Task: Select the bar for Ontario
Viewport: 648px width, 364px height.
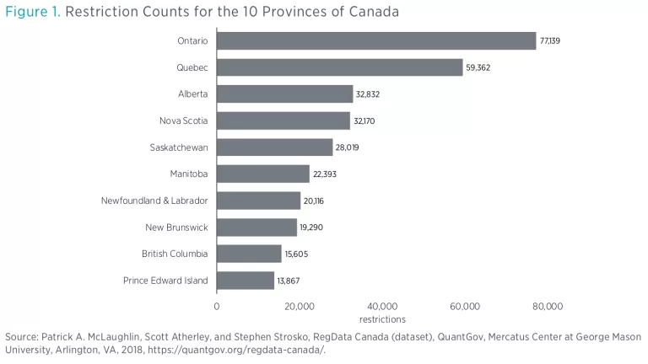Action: click(376, 41)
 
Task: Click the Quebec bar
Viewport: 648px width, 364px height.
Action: click(340, 67)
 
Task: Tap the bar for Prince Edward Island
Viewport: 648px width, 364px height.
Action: click(246, 281)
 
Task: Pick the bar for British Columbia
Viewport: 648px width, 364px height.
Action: click(249, 254)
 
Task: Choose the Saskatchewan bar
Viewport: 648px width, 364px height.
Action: click(275, 147)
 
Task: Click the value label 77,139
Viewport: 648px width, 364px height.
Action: click(551, 41)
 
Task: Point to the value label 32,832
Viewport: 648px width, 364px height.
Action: click(368, 94)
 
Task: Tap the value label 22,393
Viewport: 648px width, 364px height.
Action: click(325, 174)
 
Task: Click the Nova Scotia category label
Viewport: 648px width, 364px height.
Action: click(183, 120)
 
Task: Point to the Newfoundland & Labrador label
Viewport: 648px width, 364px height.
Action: click(154, 201)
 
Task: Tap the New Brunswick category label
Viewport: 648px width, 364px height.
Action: click(175, 227)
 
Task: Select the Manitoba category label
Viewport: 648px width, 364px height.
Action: click(189, 174)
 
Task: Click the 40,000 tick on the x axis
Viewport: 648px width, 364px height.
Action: click(382, 306)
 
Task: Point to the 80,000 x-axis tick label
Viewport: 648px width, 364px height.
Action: click(548, 306)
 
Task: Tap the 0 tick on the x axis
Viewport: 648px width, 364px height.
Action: click(217, 306)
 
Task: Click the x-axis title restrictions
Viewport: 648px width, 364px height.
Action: click(382, 319)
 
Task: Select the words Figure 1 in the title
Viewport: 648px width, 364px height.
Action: click(32, 13)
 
